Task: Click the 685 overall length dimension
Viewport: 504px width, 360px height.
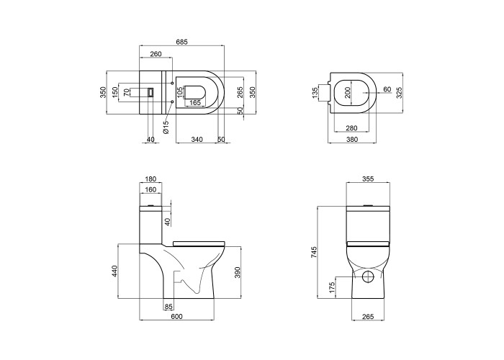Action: [181, 42]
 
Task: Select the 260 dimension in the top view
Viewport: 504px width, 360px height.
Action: [156, 54]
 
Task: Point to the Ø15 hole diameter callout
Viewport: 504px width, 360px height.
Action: [166, 127]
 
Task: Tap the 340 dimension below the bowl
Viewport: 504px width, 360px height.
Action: [197, 139]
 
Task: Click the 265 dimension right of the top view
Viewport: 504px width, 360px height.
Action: [240, 92]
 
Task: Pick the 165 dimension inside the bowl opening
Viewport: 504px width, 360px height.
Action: [195, 102]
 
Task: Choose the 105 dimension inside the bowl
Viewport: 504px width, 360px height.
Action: [180, 92]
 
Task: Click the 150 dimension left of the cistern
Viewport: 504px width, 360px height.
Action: [114, 93]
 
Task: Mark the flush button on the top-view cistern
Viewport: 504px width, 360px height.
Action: [150, 93]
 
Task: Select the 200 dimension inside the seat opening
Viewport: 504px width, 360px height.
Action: [347, 92]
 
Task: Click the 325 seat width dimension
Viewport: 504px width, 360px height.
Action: [399, 93]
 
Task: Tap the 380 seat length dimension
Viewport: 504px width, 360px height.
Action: [352, 139]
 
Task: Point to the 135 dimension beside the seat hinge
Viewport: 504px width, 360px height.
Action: [315, 93]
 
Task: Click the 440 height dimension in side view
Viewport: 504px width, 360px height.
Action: [114, 271]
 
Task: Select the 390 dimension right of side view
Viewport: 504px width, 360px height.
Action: [237, 272]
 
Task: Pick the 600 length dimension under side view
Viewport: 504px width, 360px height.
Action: [177, 317]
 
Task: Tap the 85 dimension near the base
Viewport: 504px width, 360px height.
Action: [168, 307]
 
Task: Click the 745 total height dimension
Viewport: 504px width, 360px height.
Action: [314, 252]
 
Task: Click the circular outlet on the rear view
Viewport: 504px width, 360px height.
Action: [368, 276]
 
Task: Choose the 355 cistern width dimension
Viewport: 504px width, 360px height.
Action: [368, 179]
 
